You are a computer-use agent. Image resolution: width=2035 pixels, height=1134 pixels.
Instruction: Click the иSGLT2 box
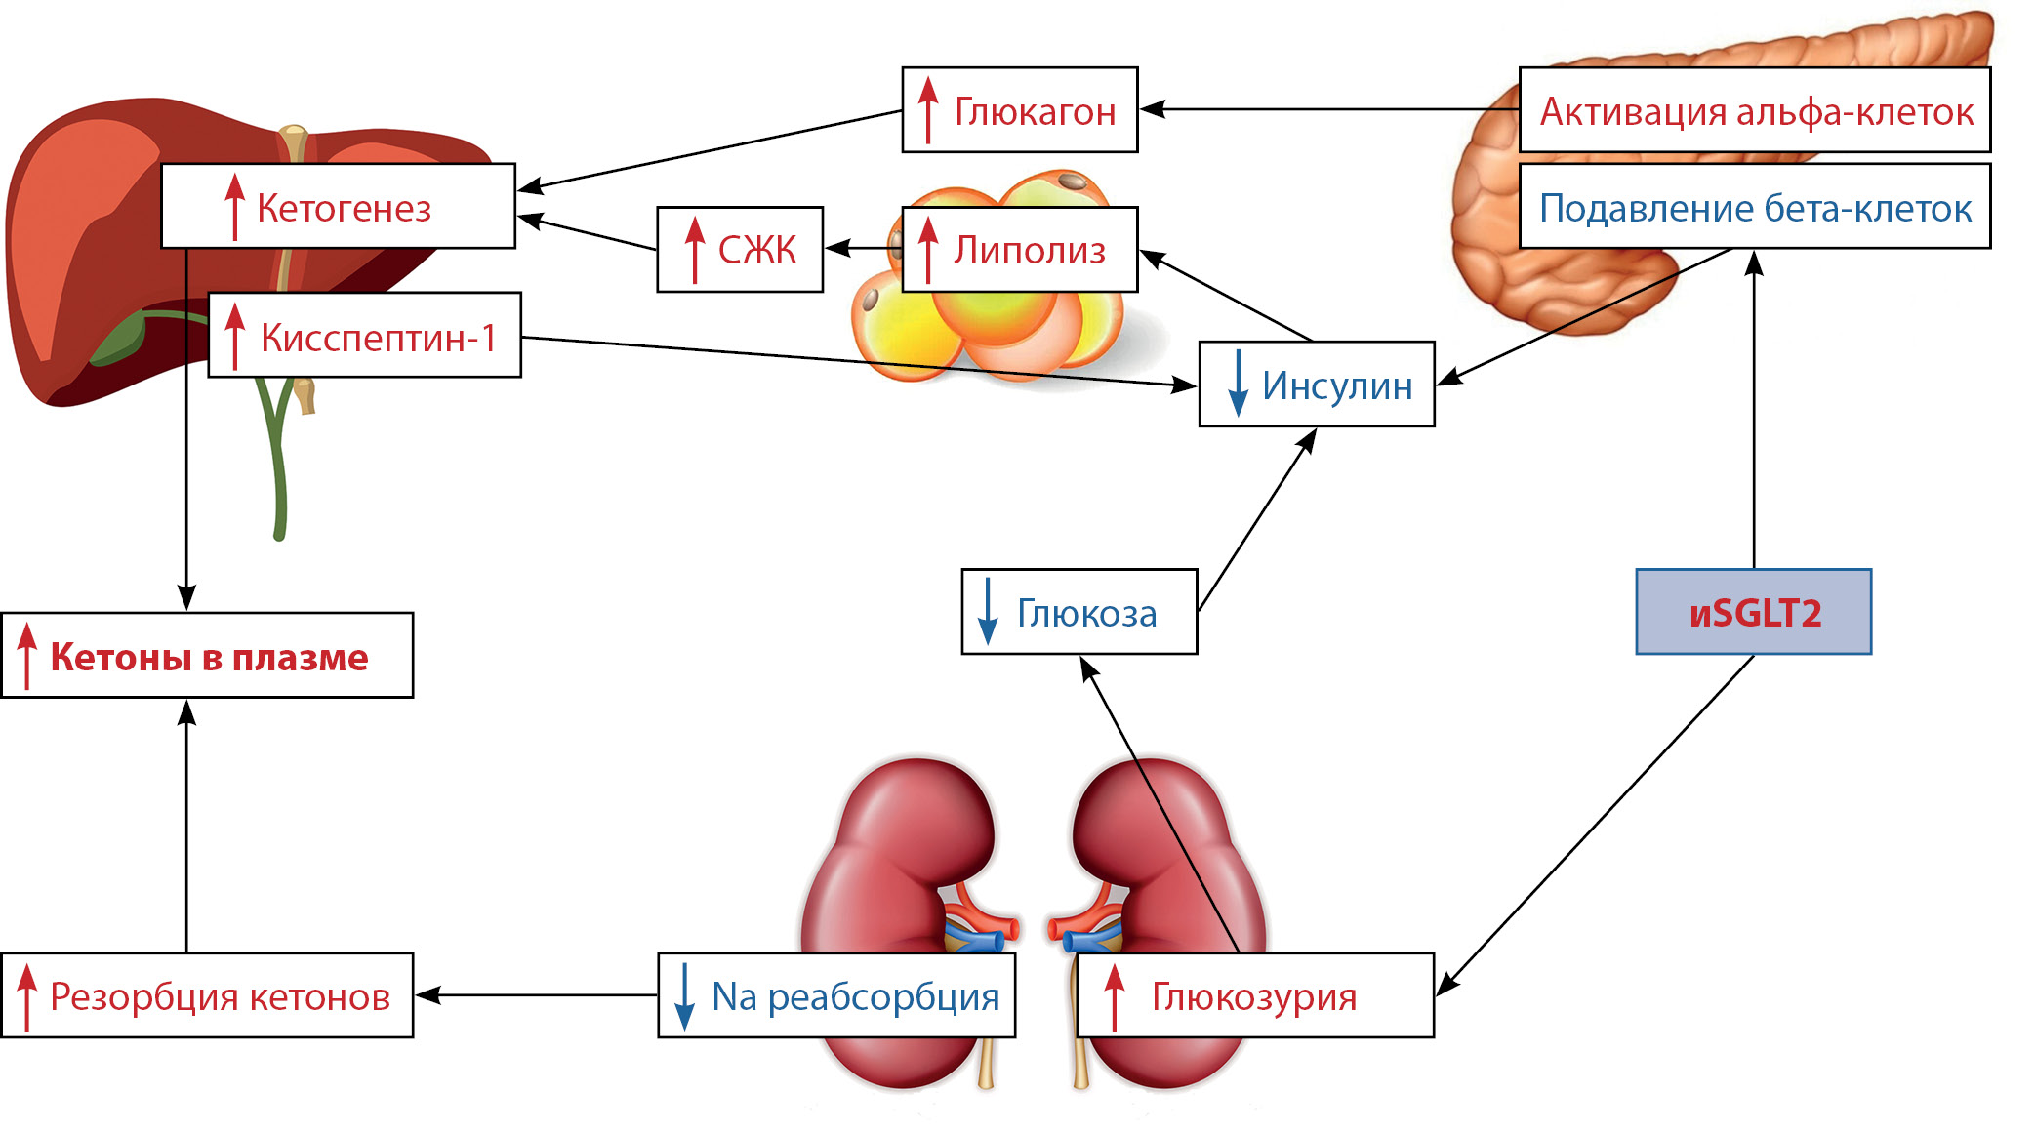point(1753,612)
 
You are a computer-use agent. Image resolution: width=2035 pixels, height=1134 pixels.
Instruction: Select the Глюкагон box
point(1019,110)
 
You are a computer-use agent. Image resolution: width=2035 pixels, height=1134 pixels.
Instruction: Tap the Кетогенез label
point(344,208)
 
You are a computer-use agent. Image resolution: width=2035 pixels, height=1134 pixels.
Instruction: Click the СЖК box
point(740,250)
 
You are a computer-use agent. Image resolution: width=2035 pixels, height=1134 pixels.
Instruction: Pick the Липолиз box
point(1019,250)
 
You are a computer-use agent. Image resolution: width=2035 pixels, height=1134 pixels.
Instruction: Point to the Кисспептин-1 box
point(365,336)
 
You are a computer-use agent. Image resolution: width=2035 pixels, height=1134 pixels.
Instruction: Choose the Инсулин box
point(1316,385)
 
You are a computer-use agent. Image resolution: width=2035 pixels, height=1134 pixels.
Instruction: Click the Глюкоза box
point(1079,612)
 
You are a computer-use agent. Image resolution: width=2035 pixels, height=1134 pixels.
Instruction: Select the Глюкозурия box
point(1254,995)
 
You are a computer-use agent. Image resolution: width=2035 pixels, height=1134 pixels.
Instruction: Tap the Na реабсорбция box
point(836,995)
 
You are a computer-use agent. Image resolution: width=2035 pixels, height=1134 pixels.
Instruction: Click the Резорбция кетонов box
point(207,995)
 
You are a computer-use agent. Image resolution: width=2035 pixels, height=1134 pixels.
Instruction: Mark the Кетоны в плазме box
point(207,656)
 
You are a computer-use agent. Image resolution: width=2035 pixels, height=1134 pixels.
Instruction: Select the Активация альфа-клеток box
point(1754,110)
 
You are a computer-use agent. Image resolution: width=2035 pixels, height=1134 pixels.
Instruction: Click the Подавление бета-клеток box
point(1754,207)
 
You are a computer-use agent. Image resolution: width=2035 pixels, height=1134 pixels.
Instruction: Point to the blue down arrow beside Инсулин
point(1238,384)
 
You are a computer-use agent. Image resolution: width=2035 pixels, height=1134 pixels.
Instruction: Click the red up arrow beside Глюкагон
point(928,110)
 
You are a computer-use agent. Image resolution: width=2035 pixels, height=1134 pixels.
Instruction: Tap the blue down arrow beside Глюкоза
point(988,612)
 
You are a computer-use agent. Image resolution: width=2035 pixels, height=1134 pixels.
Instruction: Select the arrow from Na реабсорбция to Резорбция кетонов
point(537,995)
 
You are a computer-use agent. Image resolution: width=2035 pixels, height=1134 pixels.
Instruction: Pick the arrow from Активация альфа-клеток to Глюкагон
point(1327,109)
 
